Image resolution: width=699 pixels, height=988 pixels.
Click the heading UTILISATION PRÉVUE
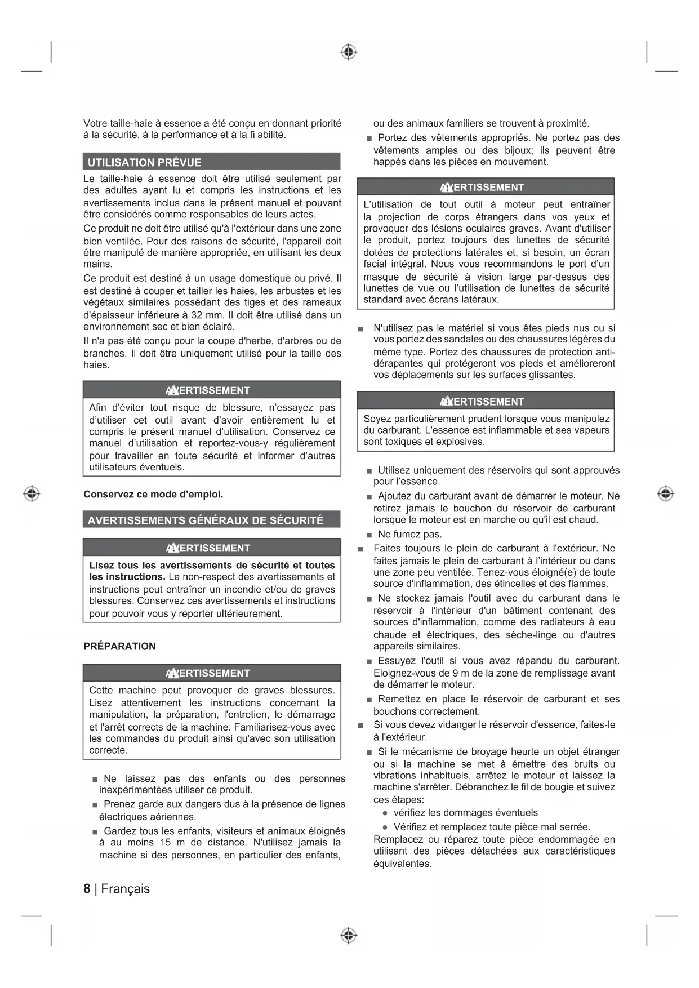[x=144, y=162]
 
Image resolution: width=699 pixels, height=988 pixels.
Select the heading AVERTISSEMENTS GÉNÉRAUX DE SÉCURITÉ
[x=205, y=520]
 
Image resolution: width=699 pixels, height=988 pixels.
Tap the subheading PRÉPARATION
[x=119, y=646]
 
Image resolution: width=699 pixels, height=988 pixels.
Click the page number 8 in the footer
[x=87, y=888]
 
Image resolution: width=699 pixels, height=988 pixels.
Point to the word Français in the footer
[x=126, y=888]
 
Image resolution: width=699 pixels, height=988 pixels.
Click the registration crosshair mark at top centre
[x=349, y=52]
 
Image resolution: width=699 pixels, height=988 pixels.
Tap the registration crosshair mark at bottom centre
[x=349, y=935]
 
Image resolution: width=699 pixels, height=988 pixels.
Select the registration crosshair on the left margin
[x=32, y=493]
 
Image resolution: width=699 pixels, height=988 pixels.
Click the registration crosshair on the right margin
[x=665, y=493]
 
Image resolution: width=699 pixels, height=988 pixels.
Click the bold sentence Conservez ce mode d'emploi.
[x=153, y=494]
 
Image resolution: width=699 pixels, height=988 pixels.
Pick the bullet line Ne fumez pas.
[x=409, y=534]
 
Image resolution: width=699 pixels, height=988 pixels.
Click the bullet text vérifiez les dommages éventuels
[x=465, y=812]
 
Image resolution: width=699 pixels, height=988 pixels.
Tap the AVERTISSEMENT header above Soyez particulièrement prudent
[x=486, y=401]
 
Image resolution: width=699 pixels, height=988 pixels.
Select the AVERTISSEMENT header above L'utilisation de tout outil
[x=486, y=187]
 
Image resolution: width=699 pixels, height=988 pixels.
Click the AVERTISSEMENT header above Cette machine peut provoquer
[x=212, y=673]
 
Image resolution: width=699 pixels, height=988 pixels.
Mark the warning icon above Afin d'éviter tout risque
[x=172, y=390]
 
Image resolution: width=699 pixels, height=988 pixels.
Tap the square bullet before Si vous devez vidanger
[x=360, y=725]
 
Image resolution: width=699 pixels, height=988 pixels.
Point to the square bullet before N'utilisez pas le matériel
[x=360, y=328]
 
